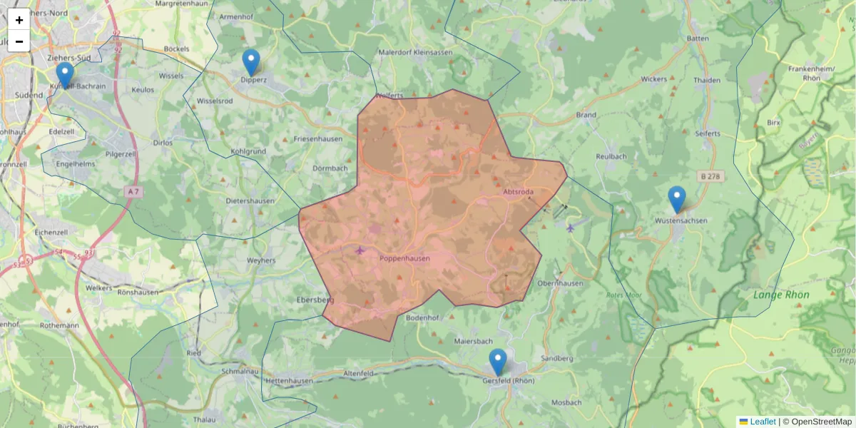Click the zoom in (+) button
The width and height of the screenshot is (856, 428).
coord(19,20)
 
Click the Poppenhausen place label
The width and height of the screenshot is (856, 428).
coord(404,259)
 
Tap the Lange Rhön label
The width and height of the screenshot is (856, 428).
coord(781,295)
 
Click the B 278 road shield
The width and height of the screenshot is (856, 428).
coord(710,175)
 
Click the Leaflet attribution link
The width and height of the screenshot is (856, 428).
coord(762,422)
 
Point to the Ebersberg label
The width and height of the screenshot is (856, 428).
coord(315,300)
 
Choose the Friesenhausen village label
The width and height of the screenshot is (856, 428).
coord(318,138)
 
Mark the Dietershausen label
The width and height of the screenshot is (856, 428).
coord(250,201)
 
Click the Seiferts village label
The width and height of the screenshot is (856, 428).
coord(707,133)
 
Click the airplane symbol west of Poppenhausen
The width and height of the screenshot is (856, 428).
coord(360,250)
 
